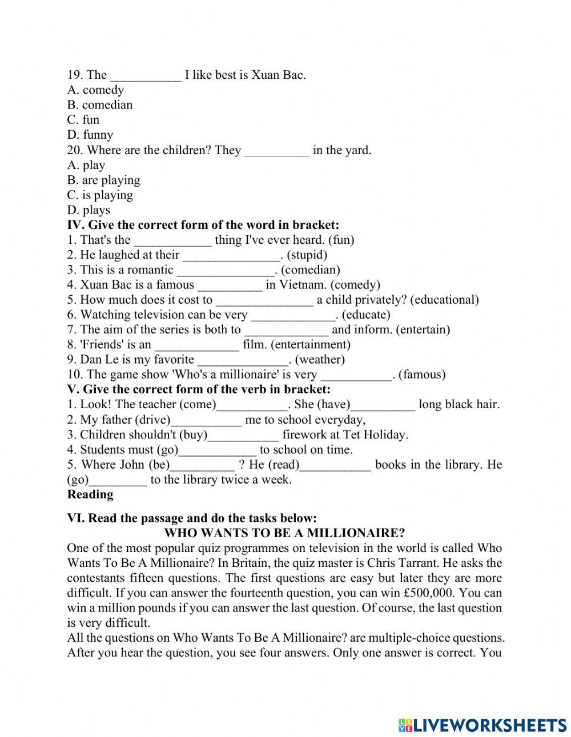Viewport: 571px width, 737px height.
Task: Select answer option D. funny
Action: (90, 135)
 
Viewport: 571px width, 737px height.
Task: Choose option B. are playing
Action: (103, 180)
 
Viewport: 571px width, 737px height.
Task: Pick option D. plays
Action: (89, 210)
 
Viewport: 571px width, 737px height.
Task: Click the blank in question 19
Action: (145, 75)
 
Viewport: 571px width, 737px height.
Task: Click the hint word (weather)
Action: (320, 360)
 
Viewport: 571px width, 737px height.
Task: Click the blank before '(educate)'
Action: (292, 315)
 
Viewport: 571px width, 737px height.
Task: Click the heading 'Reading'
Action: (90, 494)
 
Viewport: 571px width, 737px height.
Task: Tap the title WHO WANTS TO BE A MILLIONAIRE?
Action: (284, 533)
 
